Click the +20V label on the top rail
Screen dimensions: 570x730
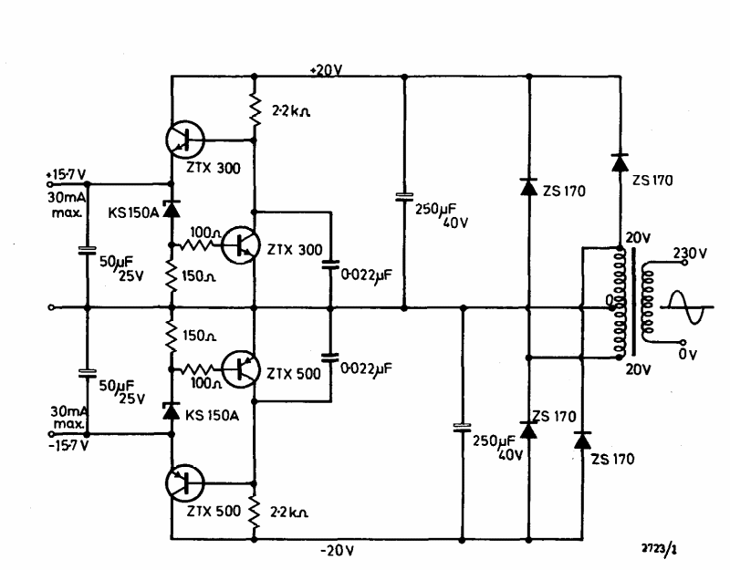[325, 69]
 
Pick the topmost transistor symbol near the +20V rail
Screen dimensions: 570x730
[187, 140]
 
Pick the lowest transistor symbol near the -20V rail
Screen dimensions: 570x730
[187, 483]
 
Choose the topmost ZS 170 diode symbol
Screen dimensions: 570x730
[620, 162]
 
